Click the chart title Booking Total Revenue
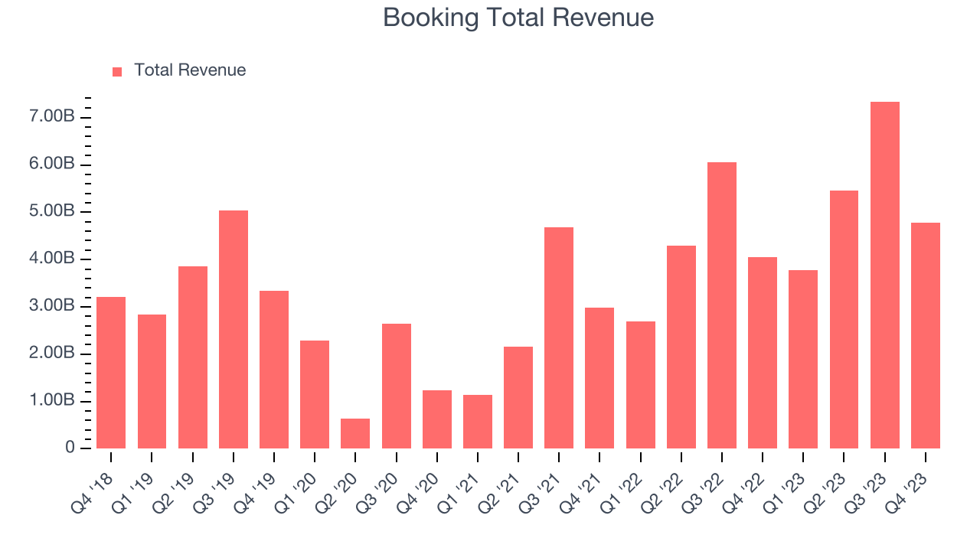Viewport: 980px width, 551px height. pyautogui.click(x=518, y=18)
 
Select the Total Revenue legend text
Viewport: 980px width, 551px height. pyautogui.click(x=190, y=70)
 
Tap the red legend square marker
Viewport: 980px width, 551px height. pyautogui.click(x=117, y=71)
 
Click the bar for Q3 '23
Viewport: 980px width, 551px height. pyautogui.click(x=884, y=275)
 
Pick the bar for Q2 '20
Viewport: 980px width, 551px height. pyautogui.click(x=355, y=433)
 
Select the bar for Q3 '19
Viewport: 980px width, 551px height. pyautogui.click(x=234, y=329)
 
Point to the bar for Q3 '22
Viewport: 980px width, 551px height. pyautogui.click(x=721, y=305)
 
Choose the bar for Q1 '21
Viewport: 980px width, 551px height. pyautogui.click(x=477, y=422)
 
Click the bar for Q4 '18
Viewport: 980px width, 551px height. pyautogui.click(x=111, y=373)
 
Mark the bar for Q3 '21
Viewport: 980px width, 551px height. pyautogui.click(x=559, y=337)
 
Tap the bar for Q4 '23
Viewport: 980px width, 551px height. pyautogui.click(x=925, y=335)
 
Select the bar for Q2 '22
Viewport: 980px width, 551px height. pyautogui.click(x=681, y=347)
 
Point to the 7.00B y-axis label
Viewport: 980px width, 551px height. pyautogui.click(x=53, y=117)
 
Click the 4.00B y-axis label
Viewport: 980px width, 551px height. pyautogui.click(x=53, y=259)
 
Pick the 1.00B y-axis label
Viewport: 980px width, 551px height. pyautogui.click(x=53, y=401)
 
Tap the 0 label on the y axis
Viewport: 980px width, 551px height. pyautogui.click(x=70, y=448)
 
